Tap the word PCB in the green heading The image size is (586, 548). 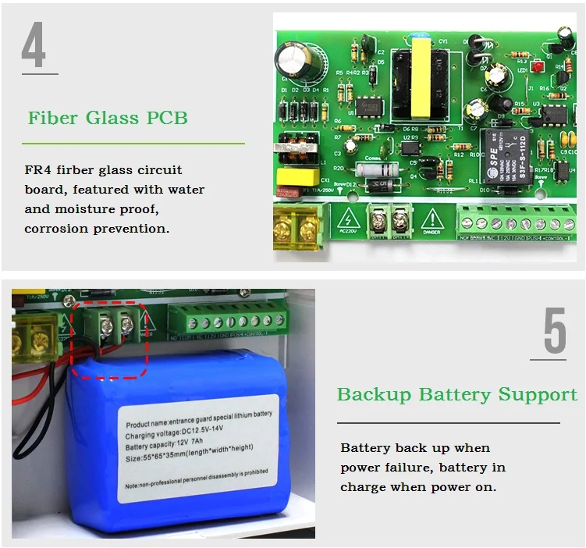[167, 119]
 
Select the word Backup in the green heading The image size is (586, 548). [374, 394]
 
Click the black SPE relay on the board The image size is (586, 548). [506, 156]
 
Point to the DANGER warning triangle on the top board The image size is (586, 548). [432, 219]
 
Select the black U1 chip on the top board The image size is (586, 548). [366, 106]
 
